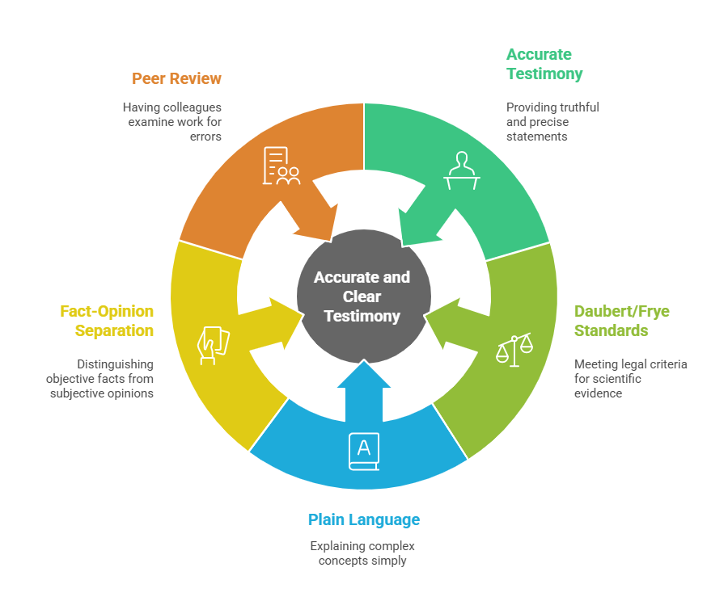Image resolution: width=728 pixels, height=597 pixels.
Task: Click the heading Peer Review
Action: pos(176,78)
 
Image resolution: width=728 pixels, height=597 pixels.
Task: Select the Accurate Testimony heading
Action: pos(544,64)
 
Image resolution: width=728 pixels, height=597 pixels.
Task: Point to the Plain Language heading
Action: pos(364,519)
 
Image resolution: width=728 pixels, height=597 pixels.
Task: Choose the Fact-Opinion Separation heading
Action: pos(107,321)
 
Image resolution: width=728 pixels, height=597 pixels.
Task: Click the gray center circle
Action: pos(362,296)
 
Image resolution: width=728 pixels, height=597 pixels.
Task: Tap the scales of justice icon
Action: pos(514,350)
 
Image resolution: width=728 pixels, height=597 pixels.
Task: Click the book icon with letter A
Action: pos(363,452)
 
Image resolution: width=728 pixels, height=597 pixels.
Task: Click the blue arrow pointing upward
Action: pos(364,388)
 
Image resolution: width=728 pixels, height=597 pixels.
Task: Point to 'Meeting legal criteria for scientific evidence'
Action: pos(630,378)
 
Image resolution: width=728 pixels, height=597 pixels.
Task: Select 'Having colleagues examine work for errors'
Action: pos(172,121)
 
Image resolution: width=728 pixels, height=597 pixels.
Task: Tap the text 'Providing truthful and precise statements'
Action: pos(552,121)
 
